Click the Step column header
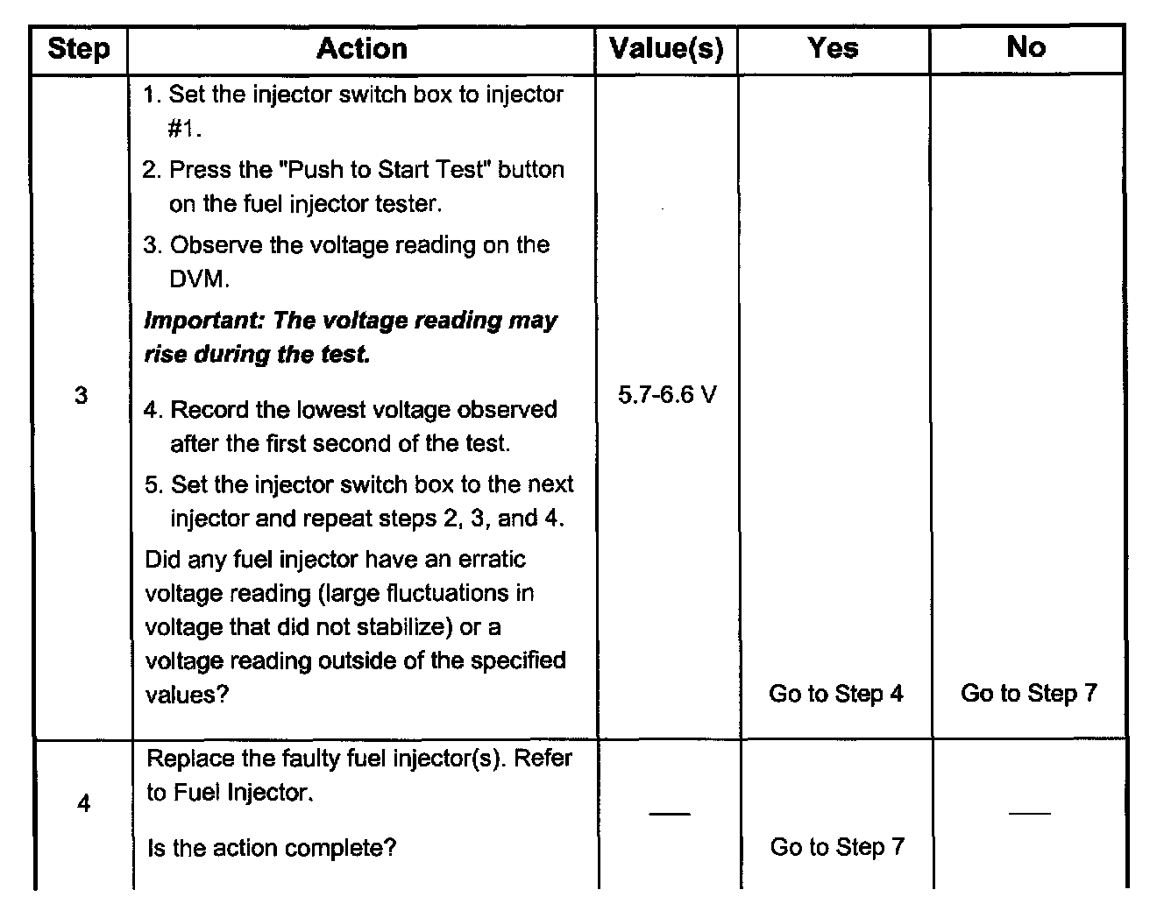tap(79, 49)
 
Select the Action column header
tap(362, 49)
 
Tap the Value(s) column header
tap(666, 49)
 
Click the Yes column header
tap(833, 48)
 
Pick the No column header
tap(1026, 47)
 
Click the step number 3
tap(81, 396)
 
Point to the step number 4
tap(83, 803)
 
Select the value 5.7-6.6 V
tap(667, 396)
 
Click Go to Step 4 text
tap(835, 694)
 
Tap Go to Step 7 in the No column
tap(1028, 693)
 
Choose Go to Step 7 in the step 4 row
tap(836, 847)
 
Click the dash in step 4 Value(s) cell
tap(669, 814)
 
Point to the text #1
tap(185, 129)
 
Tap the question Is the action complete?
tap(272, 848)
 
